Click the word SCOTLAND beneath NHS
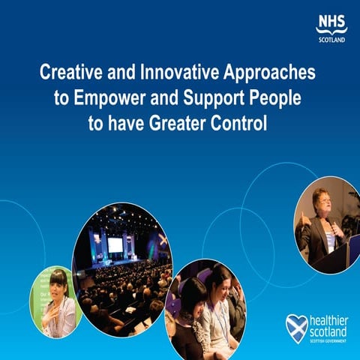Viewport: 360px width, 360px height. (x=331, y=39)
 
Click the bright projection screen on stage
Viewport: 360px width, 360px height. (x=115, y=245)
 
